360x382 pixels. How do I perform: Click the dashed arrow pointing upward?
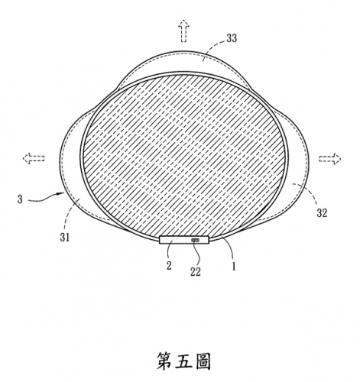tap(183, 31)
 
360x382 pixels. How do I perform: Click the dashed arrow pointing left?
tap(34, 158)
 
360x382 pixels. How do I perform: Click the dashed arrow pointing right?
tap(329, 159)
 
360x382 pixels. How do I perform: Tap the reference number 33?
tap(232, 38)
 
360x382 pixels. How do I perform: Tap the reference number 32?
tap(322, 213)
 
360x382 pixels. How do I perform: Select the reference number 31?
tap(65, 238)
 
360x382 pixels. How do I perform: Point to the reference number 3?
tap(20, 199)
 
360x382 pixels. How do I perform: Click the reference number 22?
tap(196, 272)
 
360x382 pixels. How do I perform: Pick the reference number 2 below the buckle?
tap(169, 266)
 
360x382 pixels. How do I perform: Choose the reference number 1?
tap(234, 267)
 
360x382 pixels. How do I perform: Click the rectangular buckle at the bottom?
tap(184, 240)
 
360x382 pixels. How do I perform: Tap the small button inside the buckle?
tap(196, 240)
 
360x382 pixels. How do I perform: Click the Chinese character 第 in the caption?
tap(164, 361)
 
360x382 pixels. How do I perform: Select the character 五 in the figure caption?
tap(183, 361)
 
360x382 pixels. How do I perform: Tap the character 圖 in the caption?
tap(203, 361)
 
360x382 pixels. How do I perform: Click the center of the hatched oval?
tap(184, 156)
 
